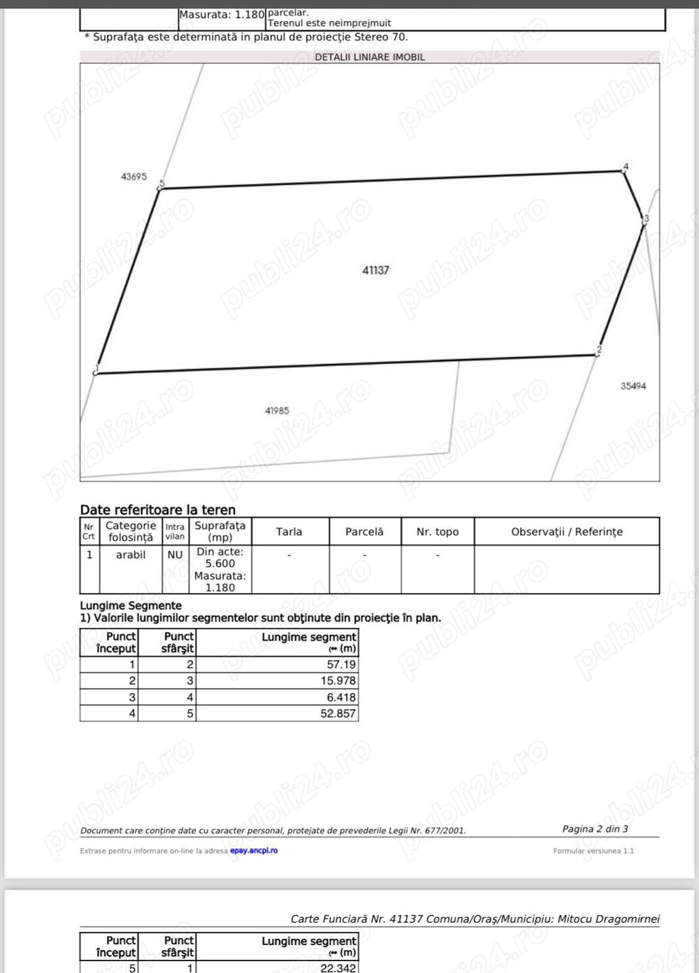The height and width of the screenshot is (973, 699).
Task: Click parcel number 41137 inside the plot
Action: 375,270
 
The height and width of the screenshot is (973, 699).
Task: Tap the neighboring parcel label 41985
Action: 277,411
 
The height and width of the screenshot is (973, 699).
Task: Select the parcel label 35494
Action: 633,386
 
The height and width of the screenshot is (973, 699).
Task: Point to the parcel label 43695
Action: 134,177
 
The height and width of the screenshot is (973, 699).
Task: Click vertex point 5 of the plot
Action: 160,188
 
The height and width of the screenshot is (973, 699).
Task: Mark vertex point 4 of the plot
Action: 624,170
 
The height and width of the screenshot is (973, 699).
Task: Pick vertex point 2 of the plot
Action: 596,354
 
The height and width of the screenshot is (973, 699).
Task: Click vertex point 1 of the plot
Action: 95,373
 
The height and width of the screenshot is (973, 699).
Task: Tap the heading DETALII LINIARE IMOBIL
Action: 369,57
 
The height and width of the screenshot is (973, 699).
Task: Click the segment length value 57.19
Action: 341,664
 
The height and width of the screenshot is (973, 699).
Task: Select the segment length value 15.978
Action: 338,680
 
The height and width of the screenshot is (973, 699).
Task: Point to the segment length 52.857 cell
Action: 338,713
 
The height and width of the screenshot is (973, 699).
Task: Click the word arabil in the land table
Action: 131,555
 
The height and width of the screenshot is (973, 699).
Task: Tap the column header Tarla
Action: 289,532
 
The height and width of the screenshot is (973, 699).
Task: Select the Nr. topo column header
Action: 438,532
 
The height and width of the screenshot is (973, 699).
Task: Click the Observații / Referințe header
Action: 566,532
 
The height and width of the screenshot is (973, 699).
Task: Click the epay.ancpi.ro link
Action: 254,851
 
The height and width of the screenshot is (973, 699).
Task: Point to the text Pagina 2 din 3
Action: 595,828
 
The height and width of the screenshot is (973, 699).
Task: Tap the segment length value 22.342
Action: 338,967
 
